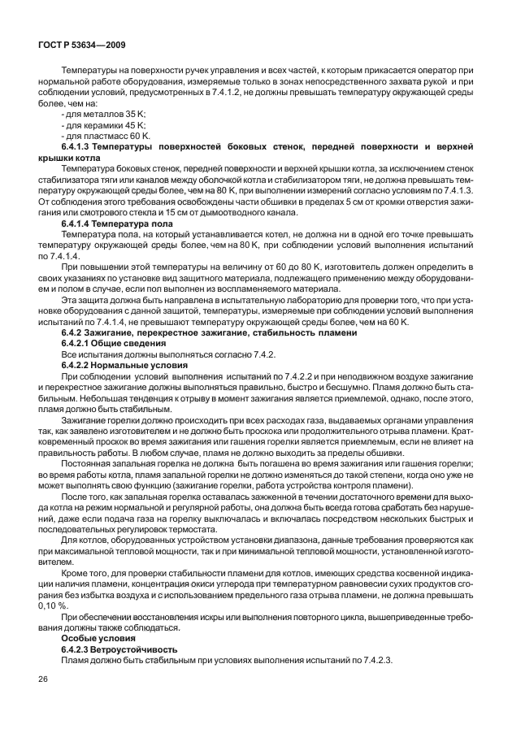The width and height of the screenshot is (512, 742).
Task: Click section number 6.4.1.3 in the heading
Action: (x=79, y=147)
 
